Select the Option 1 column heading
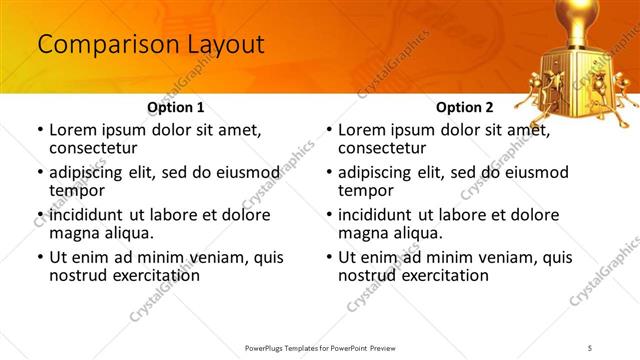click(175, 106)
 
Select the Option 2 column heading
click(464, 106)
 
